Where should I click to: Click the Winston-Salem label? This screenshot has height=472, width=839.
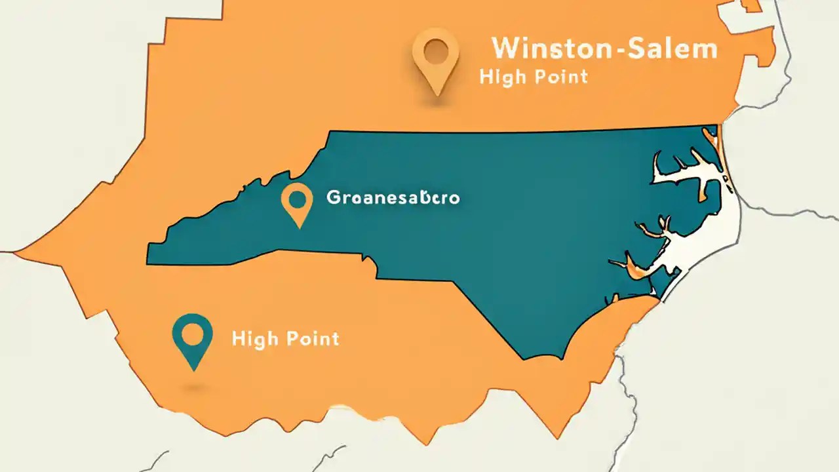pos(604,49)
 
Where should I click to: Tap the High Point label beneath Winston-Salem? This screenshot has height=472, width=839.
pos(533,77)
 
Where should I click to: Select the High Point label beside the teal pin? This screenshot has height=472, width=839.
pos(285,338)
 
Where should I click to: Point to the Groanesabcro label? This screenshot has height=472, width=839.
pos(393,197)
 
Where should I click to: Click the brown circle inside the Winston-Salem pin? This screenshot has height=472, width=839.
pos(435,51)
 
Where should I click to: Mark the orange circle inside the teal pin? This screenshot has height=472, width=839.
pos(192,333)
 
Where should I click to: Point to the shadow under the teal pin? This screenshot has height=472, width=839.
pos(193,388)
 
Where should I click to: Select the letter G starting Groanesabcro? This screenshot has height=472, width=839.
pos(333,197)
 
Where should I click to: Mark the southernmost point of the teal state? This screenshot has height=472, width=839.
pos(524,359)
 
